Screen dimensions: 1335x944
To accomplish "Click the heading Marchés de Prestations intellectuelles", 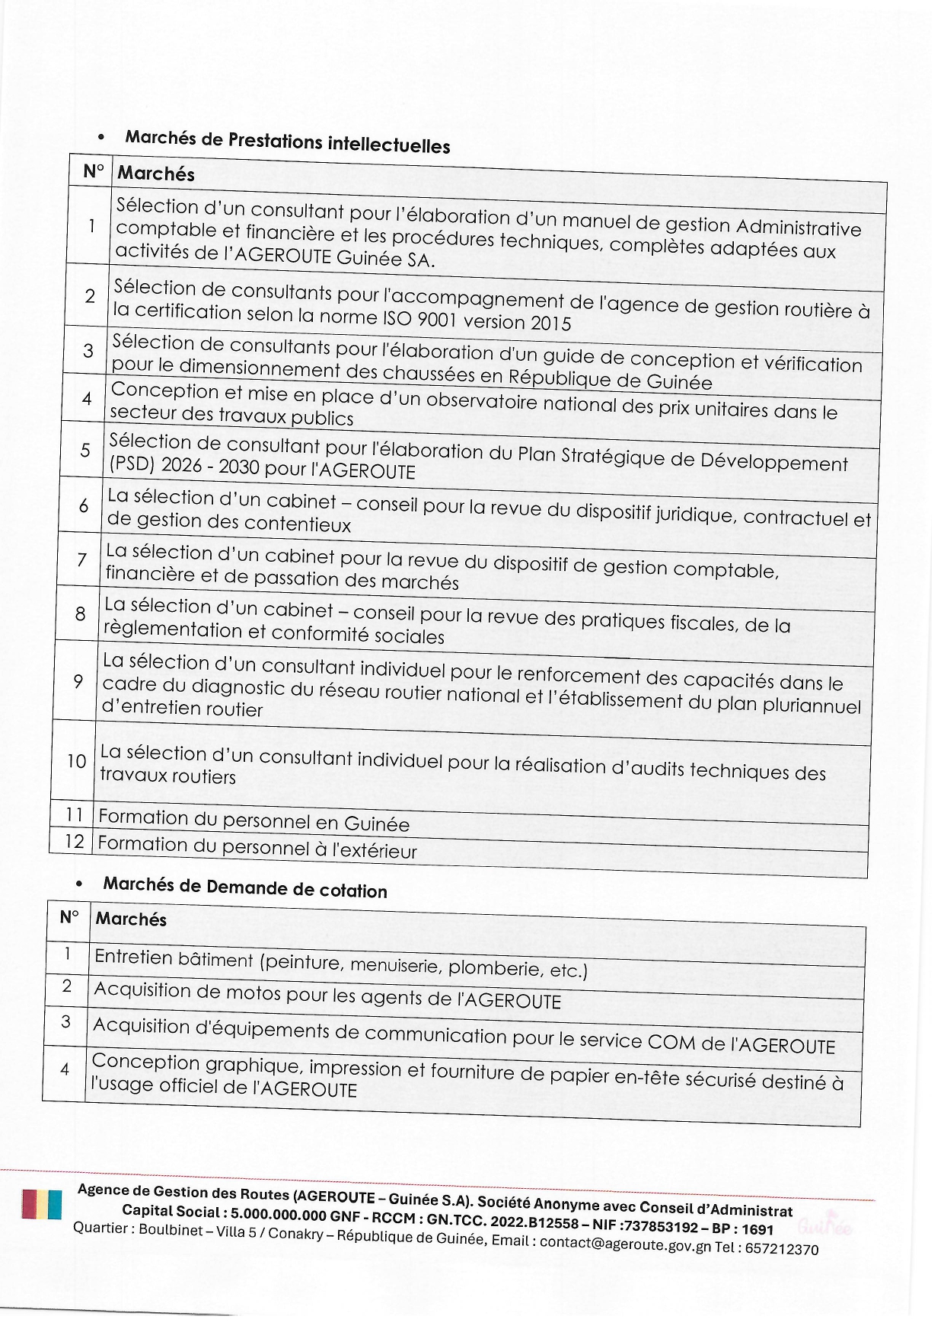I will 288,142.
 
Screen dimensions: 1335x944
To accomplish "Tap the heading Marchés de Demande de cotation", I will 245,887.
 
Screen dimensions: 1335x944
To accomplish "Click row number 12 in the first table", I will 74,841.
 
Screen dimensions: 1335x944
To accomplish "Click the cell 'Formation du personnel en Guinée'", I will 254,820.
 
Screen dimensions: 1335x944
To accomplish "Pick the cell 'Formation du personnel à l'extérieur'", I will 257,847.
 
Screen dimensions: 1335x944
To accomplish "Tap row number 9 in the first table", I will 78,681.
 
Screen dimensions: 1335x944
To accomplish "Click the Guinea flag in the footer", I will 41,1205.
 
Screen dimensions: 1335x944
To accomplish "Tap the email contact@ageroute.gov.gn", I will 625,1244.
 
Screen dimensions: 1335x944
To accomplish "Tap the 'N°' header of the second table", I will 69,916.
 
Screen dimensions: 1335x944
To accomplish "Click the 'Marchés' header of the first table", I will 156,174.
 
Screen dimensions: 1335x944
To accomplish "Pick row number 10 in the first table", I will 76,761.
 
